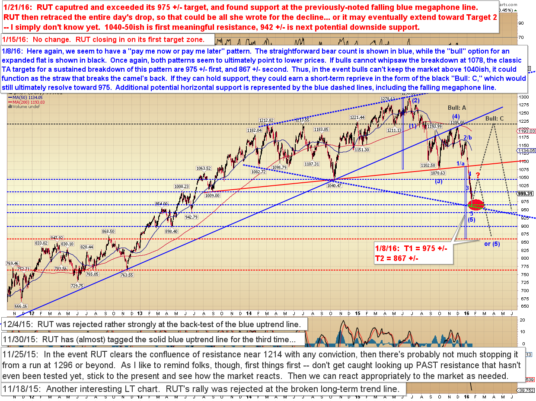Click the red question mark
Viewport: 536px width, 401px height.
[x=478, y=175]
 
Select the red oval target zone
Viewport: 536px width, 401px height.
[x=475, y=205]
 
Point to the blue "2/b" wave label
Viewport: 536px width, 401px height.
[x=468, y=138]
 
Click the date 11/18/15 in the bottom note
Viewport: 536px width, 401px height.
[x=20, y=389]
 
